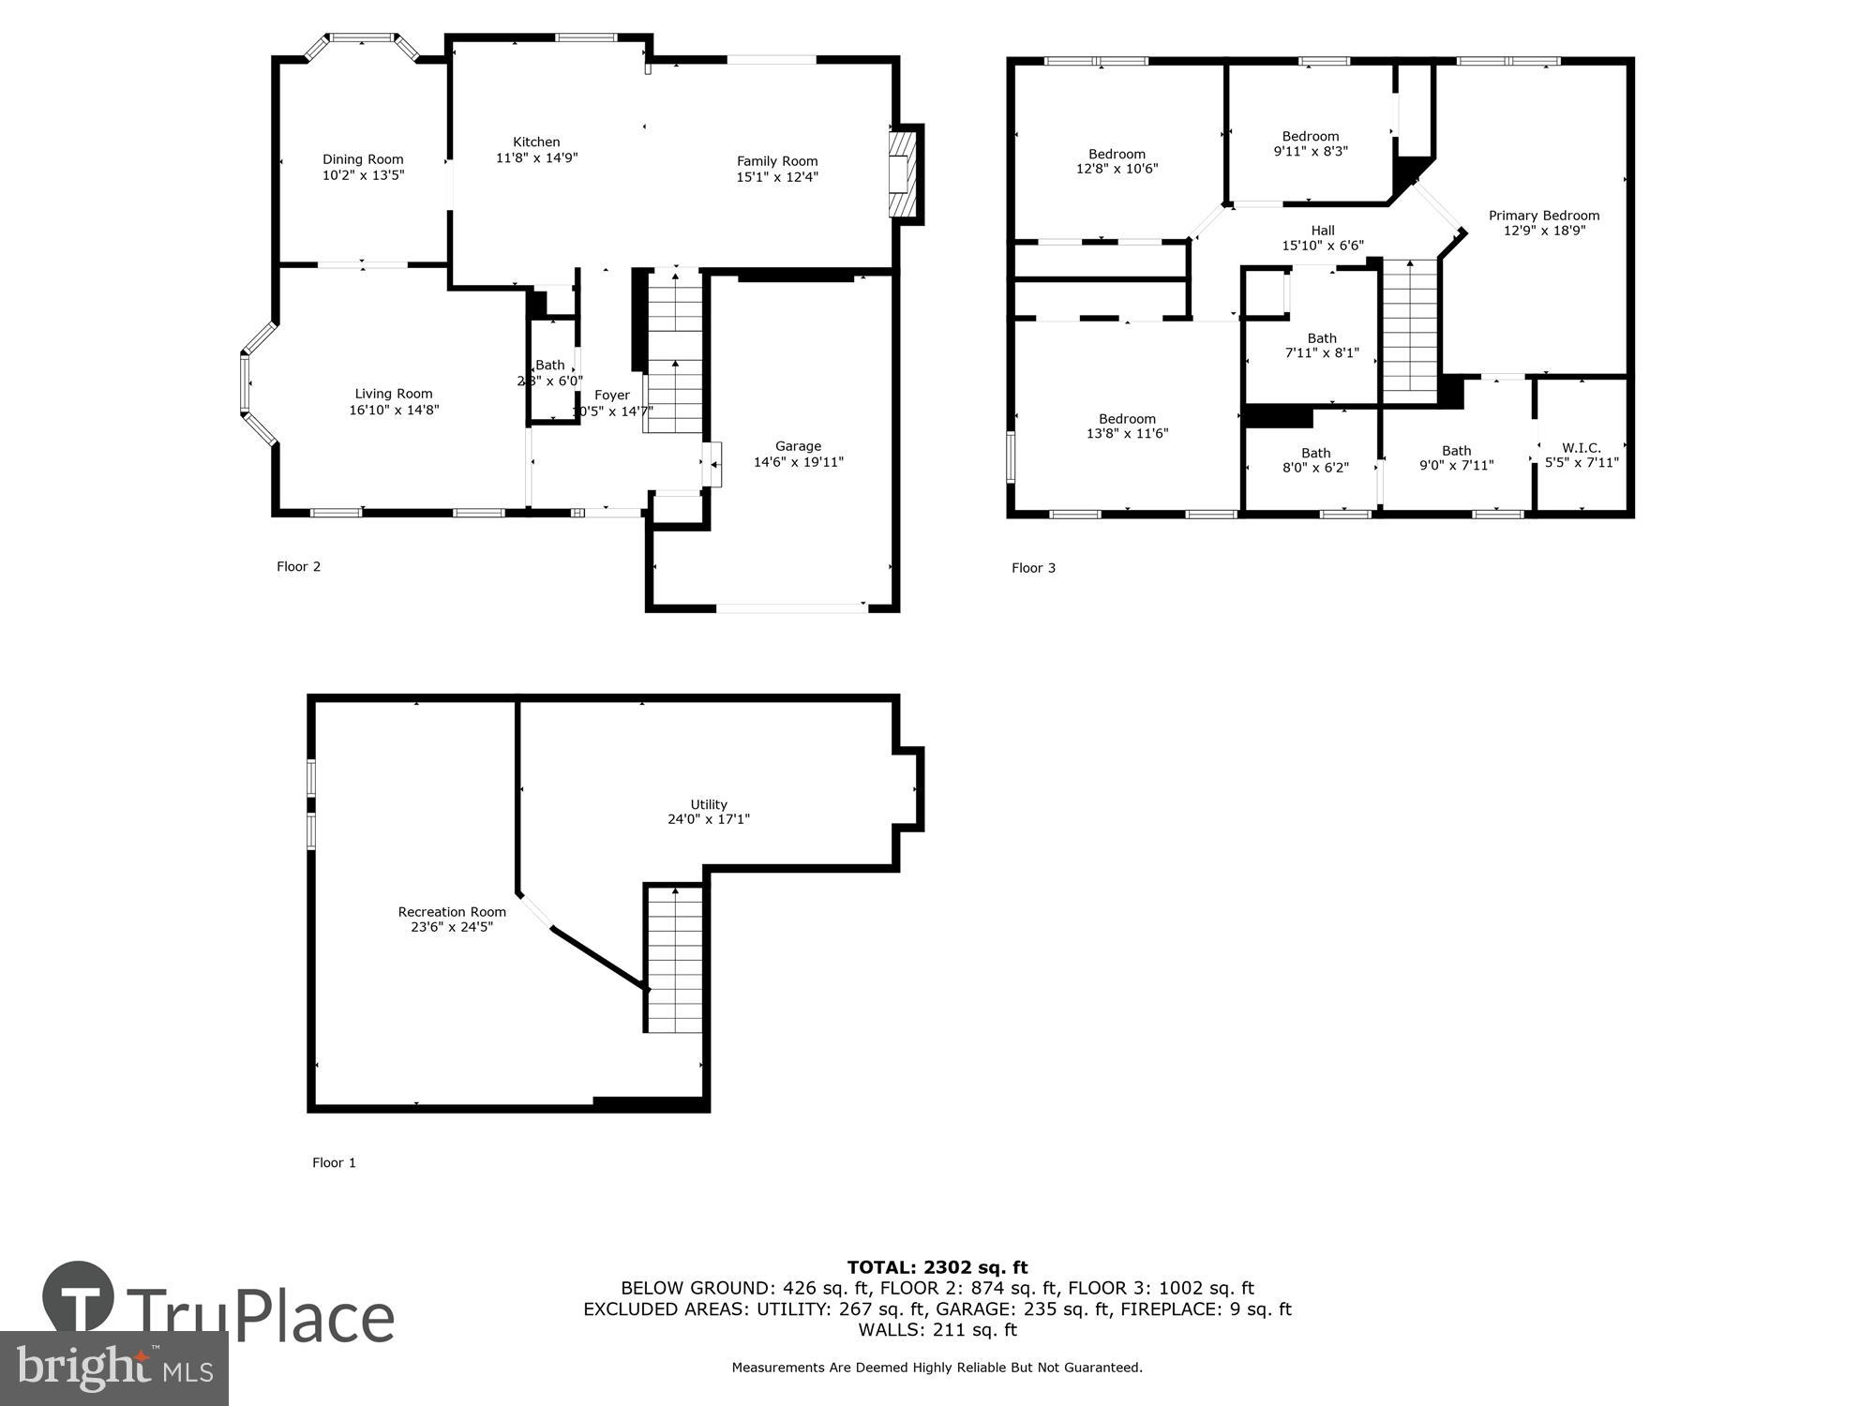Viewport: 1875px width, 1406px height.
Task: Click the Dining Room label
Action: (x=363, y=160)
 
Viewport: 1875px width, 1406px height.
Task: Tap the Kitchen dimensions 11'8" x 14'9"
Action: (x=536, y=158)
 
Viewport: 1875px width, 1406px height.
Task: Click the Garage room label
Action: (x=798, y=446)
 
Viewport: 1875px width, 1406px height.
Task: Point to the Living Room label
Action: (x=393, y=395)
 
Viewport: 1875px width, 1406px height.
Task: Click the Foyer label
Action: (x=612, y=396)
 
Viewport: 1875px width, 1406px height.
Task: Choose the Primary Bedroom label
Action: (x=1543, y=216)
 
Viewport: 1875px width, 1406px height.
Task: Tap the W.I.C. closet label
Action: (x=1581, y=448)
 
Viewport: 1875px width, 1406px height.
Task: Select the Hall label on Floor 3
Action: (x=1322, y=231)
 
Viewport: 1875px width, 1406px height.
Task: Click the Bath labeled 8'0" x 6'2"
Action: (x=1315, y=460)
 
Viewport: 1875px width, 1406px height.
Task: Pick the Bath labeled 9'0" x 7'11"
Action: (x=1456, y=458)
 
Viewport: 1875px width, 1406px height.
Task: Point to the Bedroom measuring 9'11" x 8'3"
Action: (x=1310, y=143)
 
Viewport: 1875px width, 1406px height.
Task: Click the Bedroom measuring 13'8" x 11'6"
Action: (x=1127, y=426)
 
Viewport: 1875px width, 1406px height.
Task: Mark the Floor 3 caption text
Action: (x=1033, y=568)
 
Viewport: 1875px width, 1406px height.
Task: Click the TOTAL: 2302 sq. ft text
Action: (x=937, y=1268)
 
